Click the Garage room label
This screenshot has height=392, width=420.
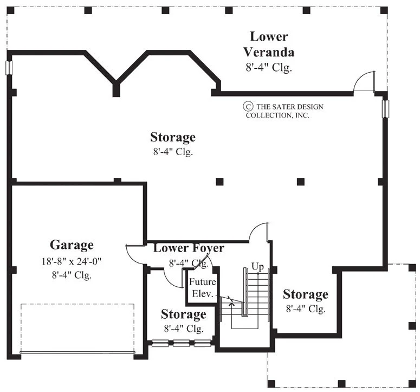pyautogui.click(x=72, y=245)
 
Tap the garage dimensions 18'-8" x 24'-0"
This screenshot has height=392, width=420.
pyautogui.click(x=72, y=261)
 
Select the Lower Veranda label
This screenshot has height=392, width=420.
pyautogui.click(x=269, y=44)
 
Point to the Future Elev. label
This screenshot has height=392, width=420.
pyautogui.click(x=203, y=287)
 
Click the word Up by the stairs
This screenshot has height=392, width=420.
pyautogui.click(x=257, y=267)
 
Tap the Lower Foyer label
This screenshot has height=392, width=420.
pyautogui.click(x=189, y=248)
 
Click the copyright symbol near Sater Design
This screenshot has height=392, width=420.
pyautogui.click(x=248, y=106)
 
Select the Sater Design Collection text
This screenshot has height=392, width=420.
pyautogui.click(x=285, y=111)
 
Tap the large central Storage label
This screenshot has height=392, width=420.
pyautogui.click(x=173, y=137)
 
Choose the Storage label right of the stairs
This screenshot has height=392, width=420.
pyautogui.click(x=305, y=294)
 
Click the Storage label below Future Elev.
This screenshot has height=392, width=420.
pyautogui.click(x=184, y=314)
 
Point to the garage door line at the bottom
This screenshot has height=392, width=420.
pyautogui.click(x=77, y=352)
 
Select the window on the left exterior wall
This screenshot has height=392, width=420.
pyautogui.click(x=9, y=67)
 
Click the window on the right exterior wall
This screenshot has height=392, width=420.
pyautogui.click(x=385, y=109)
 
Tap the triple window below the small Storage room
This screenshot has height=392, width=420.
pyautogui.click(x=182, y=343)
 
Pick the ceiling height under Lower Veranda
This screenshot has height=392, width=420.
pyautogui.click(x=269, y=67)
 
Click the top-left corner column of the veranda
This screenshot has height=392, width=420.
pyautogui.click(x=10, y=10)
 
